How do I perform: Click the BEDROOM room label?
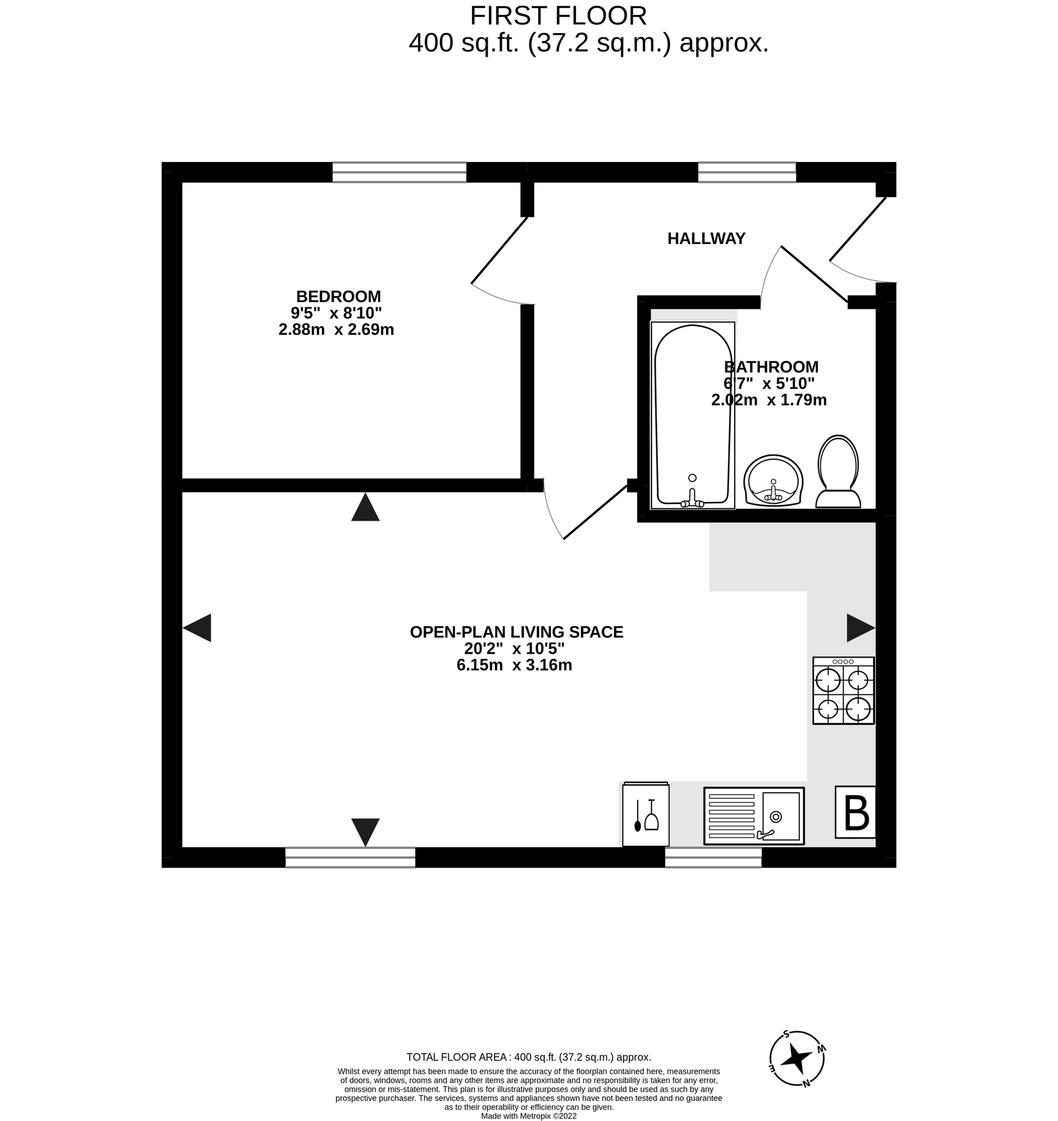[x=338, y=296]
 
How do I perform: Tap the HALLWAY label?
[x=706, y=239]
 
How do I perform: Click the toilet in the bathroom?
[x=838, y=471]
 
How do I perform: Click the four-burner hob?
[x=843, y=691]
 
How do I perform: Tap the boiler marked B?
[x=856, y=813]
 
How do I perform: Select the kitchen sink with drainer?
[x=753, y=816]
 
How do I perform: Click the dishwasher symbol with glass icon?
[x=646, y=815]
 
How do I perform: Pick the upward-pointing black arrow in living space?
[x=365, y=508]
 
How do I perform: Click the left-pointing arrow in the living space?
[x=197, y=628]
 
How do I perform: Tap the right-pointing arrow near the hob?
[x=861, y=628]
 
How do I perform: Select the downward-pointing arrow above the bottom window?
[x=365, y=831]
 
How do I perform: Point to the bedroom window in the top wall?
[x=399, y=172]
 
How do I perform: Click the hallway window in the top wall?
[x=747, y=172]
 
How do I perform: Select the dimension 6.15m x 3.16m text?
[x=514, y=665]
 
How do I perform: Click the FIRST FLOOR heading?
[x=558, y=16]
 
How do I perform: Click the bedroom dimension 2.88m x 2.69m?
[x=336, y=329]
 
